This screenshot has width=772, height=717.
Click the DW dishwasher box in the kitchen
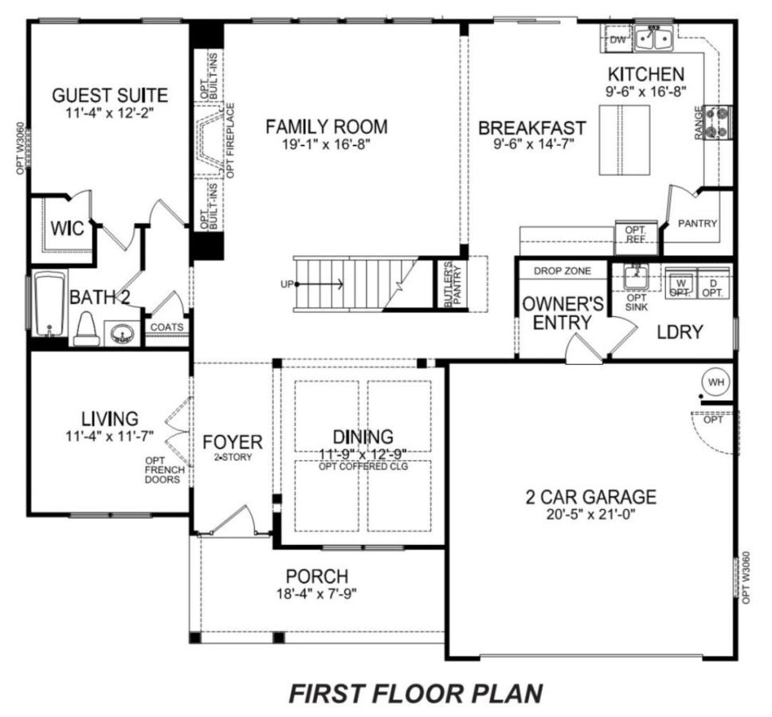click(618, 39)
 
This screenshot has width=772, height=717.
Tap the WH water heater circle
click(716, 382)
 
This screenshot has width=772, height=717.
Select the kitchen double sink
click(652, 38)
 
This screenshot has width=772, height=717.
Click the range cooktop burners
click(719, 123)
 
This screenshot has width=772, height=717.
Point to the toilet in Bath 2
click(87, 329)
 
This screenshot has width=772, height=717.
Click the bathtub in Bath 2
click(49, 304)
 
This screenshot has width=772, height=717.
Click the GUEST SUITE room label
click(110, 95)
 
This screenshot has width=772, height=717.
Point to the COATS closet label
click(167, 327)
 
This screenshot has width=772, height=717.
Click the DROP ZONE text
click(562, 271)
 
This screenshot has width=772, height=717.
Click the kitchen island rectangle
click(625, 140)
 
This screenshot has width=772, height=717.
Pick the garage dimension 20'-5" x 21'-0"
click(591, 515)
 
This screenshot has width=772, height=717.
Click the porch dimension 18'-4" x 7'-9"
click(316, 594)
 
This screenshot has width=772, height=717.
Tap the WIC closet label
click(68, 229)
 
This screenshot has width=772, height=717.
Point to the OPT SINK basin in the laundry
click(636, 277)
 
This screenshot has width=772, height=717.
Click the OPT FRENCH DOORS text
click(165, 470)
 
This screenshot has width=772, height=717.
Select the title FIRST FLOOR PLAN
click(416, 693)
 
